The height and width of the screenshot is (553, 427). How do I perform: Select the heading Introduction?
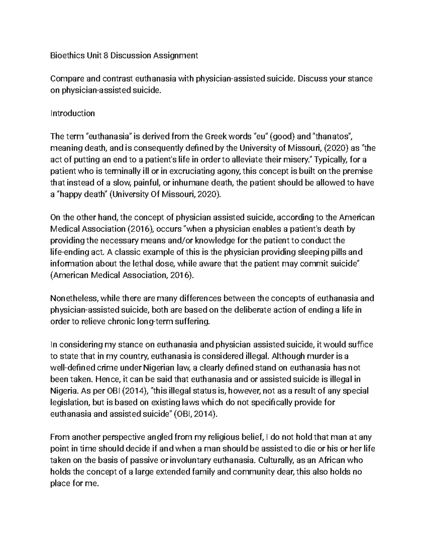click(x=73, y=113)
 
